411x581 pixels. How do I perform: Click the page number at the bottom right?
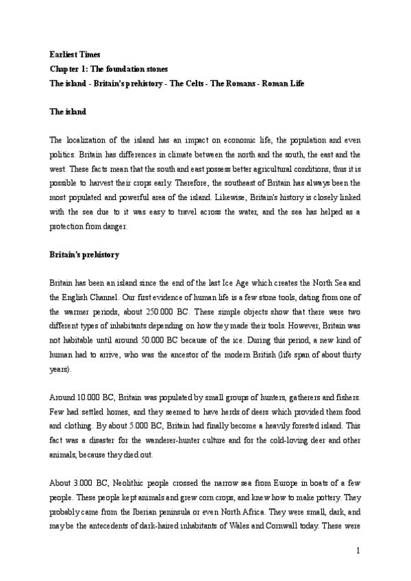tap(358, 550)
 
